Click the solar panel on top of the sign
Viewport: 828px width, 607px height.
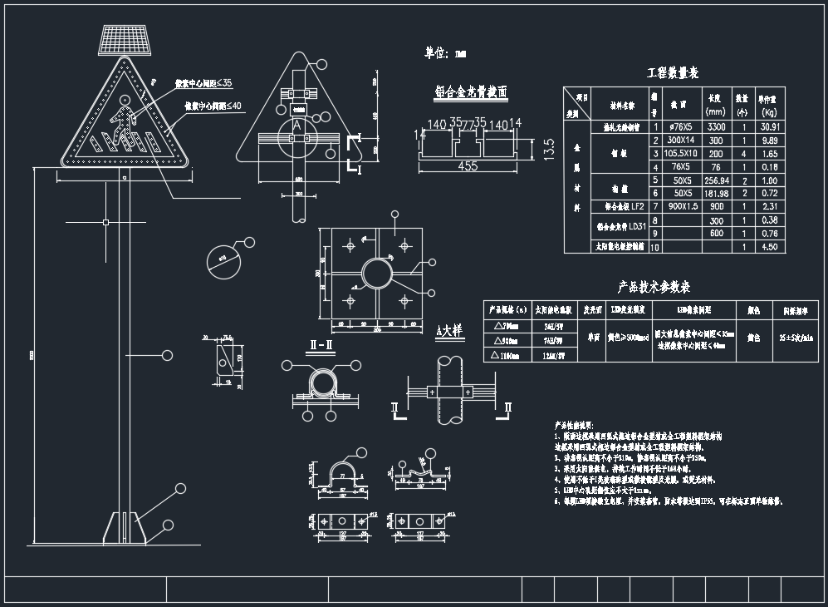(125, 39)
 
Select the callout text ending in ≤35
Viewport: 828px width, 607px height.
(203, 84)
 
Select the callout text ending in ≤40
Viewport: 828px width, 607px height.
(213, 106)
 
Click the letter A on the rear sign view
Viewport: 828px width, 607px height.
(296, 125)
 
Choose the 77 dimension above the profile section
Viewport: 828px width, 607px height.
(467, 124)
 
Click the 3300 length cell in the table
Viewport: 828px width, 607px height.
(716, 127)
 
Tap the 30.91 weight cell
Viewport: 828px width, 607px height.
(769, 127)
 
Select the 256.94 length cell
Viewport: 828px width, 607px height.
(716, 180)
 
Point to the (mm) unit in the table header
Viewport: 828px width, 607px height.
(716, 111)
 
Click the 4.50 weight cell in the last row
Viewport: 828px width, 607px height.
(769, 247)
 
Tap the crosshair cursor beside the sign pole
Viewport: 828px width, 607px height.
(106, 222)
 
